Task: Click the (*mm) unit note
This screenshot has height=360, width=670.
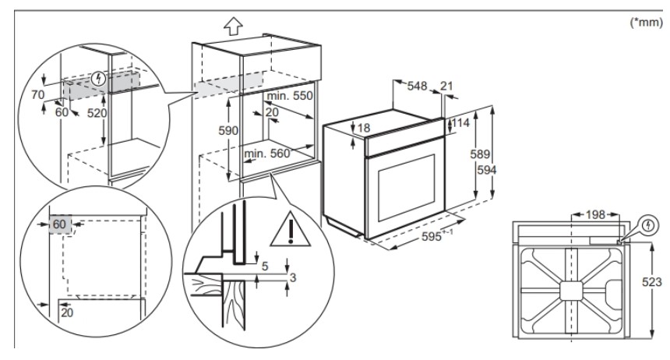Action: (x=646, y=24)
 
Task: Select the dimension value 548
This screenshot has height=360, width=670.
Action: (x=418, y=86)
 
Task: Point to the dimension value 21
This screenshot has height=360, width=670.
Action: (x=446, y=86)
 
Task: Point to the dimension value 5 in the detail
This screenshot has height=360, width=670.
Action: (x=264, y=266)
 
